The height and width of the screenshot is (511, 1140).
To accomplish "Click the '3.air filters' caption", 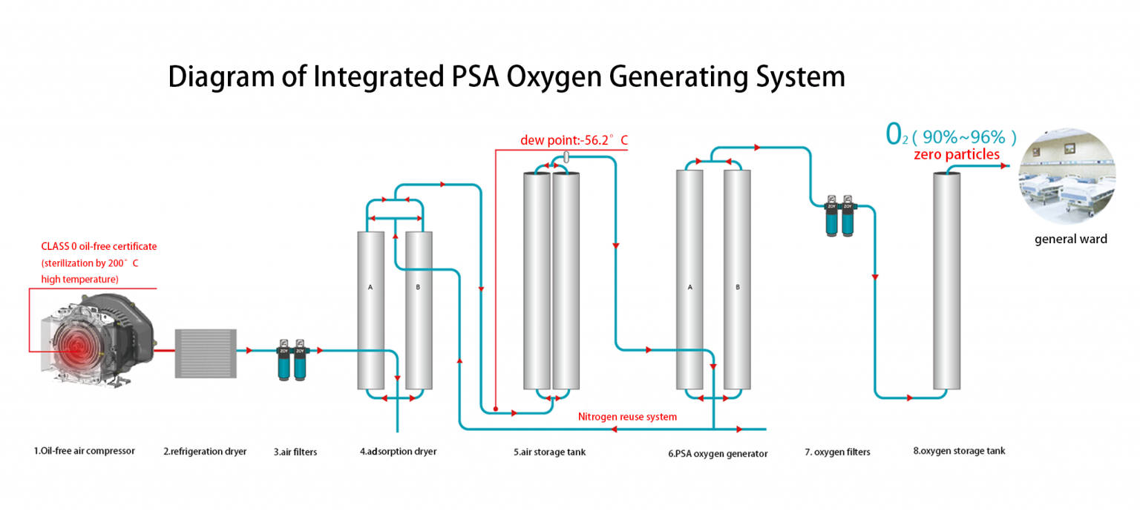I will click(295, 452).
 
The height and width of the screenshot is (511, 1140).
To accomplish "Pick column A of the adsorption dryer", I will click(370, 311).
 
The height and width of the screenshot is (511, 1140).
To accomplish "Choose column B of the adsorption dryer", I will click(419, 311).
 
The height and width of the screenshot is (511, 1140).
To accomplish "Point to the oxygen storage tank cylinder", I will click(946, 282).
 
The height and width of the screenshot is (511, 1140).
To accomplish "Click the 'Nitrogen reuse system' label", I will click(627, 417).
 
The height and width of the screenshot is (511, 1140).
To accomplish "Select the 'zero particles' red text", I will click(956, 155).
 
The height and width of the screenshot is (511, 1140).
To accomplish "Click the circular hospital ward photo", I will click(1069, 176).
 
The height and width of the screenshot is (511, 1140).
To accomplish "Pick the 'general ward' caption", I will click(1070, 239).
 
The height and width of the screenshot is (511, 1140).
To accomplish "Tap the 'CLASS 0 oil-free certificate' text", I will click(99, 246).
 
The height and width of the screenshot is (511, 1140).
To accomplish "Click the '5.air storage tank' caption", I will click(549, 452).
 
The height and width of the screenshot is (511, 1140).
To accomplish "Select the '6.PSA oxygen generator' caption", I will click(718, 453).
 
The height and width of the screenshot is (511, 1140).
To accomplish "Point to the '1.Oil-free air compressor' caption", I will click(84, 451).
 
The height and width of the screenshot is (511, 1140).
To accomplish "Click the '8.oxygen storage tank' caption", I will click(959, 451).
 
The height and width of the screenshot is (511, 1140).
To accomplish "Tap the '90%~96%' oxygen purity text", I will click(963, 136).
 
